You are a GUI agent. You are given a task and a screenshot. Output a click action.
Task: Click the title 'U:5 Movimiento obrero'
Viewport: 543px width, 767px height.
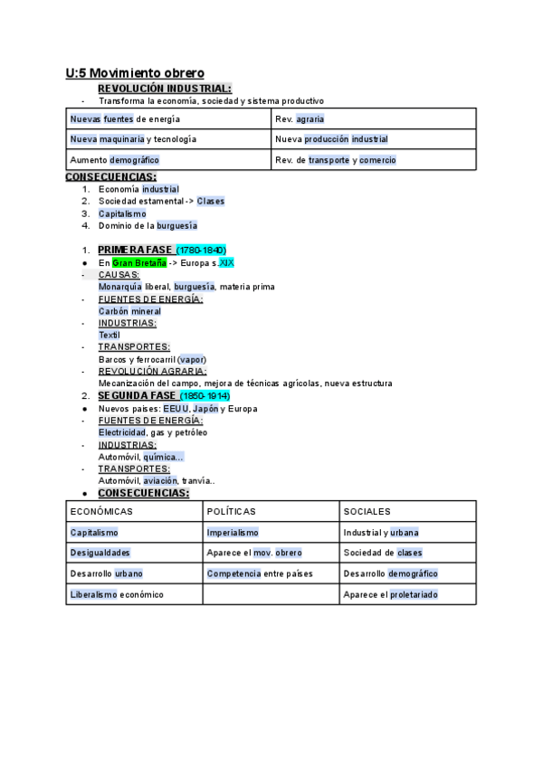pos(135,72)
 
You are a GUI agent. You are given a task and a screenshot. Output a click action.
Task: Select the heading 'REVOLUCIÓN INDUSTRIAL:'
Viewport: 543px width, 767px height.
pos(164,89)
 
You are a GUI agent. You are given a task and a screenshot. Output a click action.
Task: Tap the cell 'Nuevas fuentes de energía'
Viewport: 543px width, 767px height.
pos(125,118)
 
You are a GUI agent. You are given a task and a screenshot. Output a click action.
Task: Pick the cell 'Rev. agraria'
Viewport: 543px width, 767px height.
pos(300,118)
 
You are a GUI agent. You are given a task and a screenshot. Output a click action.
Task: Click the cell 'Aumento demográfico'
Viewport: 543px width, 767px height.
pos(115,159)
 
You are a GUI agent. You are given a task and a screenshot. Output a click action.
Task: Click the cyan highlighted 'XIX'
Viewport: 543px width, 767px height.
pos(226,262)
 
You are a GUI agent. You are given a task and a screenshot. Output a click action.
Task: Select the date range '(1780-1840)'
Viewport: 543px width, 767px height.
pos(201,250)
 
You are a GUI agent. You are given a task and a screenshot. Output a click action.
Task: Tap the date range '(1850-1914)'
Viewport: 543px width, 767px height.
pos(205,396)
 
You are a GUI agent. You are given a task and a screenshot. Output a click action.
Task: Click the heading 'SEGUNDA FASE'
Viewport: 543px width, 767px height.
pos(137,396)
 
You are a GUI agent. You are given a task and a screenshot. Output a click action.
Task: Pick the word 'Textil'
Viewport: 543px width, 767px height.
pos(109,335)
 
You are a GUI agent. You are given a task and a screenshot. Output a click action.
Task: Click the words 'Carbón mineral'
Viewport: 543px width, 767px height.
pos(129,311)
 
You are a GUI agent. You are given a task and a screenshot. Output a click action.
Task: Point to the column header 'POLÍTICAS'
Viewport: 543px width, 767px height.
pos(232,512)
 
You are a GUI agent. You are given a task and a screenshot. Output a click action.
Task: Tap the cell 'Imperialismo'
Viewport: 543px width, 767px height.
pos(233,533)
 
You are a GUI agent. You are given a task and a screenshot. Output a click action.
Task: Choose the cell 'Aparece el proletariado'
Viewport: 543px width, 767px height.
pos(390,594)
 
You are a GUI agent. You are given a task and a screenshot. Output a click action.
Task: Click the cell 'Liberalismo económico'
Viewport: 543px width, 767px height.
pos(117,594)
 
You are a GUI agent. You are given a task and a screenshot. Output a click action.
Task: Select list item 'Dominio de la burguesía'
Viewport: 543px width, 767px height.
pos(148,226)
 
